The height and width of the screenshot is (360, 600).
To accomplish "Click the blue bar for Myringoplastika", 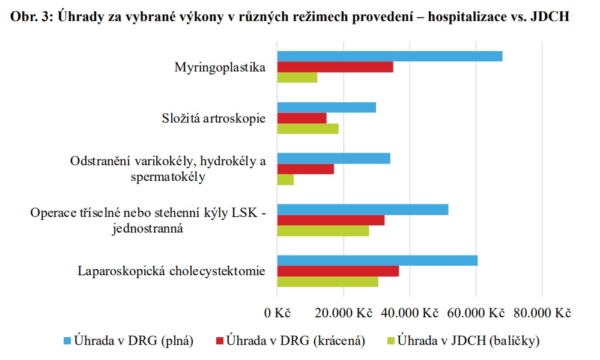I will coord(389,56).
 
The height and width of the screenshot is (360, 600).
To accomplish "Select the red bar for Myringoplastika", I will coord(335,67).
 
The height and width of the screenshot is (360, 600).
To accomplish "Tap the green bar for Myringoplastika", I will coord(297,78).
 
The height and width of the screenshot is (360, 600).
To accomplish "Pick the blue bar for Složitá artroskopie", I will coord(326,108).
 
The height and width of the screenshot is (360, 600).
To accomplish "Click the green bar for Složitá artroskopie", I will coord(308,129).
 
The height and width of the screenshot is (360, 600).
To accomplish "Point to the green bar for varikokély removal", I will coord(285,180).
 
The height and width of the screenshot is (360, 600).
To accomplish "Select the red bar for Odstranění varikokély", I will coord(305,169).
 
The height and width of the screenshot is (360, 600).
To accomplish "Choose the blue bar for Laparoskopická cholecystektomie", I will coord(377,261).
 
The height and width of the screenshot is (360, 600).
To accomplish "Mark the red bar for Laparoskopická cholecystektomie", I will coord(338,271).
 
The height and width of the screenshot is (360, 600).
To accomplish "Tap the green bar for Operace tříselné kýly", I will coord(323,231).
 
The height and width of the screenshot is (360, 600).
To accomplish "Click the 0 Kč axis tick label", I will coord(277,313).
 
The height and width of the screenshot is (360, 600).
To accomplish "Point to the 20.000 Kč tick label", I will coord(344,313).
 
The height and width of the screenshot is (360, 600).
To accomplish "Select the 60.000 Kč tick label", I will coord(476,313).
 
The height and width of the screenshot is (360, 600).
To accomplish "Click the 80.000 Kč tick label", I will coord(542,313).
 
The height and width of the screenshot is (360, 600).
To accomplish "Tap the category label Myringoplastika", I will coord(220,67).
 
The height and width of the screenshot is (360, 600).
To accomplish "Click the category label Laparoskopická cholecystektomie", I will coord(172,271).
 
